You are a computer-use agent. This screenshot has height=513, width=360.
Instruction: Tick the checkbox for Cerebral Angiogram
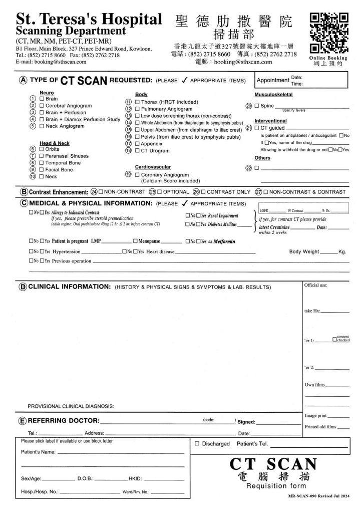point(42,106)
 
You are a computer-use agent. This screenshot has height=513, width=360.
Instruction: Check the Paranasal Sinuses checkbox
point(42,156)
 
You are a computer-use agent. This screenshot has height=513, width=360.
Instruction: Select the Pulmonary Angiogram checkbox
point(137,109)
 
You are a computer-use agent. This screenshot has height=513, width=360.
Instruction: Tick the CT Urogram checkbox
point(137,150)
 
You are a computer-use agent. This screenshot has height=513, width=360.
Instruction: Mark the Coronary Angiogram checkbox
point(137,174)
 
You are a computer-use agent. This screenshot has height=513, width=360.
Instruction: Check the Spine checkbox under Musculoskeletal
point(257,106)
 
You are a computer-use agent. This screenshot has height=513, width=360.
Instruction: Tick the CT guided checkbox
point(257,128)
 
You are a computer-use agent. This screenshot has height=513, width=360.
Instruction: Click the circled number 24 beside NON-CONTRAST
point(94,191)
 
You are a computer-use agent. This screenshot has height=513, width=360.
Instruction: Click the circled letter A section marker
point(23,80)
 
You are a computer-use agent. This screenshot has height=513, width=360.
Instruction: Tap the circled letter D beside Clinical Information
point(23,287)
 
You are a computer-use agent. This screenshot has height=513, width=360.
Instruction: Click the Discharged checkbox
point(197,443)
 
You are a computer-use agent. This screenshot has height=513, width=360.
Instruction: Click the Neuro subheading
point(46,93)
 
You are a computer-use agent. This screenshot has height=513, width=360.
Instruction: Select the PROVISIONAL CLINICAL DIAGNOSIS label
point(71,405)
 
